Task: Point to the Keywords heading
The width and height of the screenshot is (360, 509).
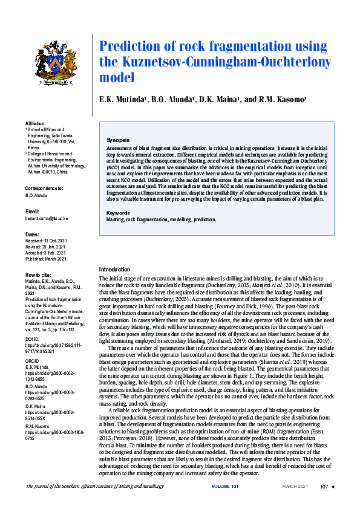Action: click(x=118, y=213)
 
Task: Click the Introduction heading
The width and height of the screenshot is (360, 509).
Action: click(x=114, y=269)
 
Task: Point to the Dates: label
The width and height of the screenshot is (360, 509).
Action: click(x=32, y=234)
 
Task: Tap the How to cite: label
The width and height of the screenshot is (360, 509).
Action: click(x=38, y=275)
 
